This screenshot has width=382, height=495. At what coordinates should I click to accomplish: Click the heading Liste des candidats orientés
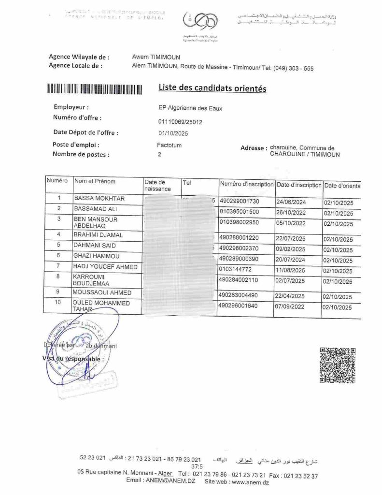(212, 88)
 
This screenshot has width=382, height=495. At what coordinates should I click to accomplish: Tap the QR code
(338, 365)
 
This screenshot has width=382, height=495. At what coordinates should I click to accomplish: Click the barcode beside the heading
(95, 89)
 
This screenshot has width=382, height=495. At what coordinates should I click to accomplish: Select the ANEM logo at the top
(200, 22)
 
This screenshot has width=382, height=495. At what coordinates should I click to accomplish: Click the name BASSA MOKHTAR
(99, 199)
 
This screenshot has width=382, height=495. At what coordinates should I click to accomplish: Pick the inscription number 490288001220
(239, 238)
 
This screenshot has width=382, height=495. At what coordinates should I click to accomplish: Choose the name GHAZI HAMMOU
(97, 256)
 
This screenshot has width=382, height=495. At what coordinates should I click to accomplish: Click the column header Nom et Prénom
(95, 181)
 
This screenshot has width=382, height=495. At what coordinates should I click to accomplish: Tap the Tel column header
(187, 183)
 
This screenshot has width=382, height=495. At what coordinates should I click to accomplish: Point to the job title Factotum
(169, 145)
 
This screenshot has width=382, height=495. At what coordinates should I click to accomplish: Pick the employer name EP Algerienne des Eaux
(187, 108)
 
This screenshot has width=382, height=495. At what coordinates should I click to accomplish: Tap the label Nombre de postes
(81, 155)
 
